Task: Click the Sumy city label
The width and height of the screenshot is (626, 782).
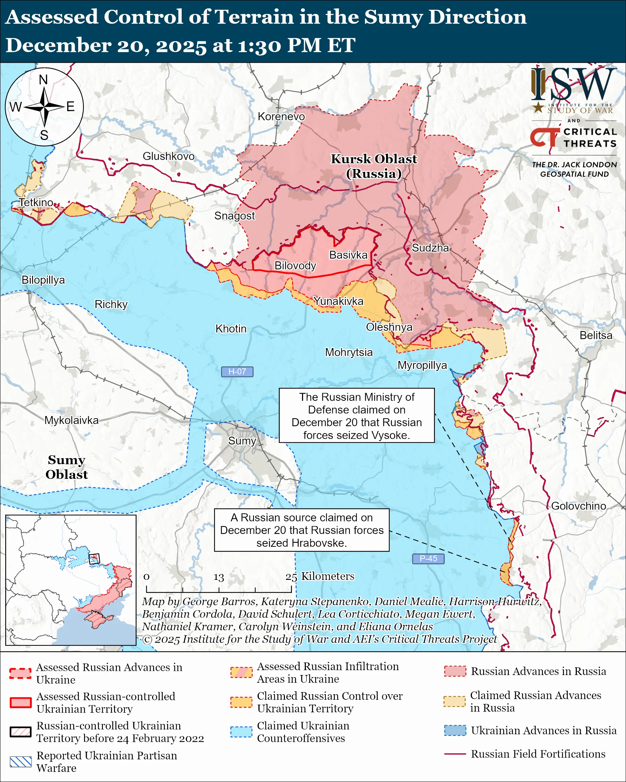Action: click(x=242, y=441)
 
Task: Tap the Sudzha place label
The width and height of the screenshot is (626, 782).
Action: click(x=430, y=248)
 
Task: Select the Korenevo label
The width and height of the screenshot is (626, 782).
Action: click(x=281, y=116)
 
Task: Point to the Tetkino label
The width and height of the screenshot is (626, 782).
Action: click(x=36, y=202)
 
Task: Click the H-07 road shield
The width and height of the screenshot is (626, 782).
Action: click(x=237, y=371)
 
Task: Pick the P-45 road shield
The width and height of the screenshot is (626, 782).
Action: click(x=428, y=559)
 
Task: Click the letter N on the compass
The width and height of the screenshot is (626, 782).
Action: click(x=44, y=79)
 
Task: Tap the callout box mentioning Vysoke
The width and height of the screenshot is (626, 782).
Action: click(x=356, y=415)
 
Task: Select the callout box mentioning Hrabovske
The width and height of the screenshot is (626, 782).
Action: click(x=302, y=530)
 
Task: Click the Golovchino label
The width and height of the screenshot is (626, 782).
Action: click(x=579, y=506)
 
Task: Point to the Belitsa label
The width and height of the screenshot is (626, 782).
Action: click(x=596, y=335)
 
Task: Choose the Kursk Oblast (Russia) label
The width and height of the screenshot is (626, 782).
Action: click(x=374, y=166)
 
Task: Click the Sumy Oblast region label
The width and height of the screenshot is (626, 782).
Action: click(x=66, y=467)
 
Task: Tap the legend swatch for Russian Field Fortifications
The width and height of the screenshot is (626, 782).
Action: click(x=455, y=754)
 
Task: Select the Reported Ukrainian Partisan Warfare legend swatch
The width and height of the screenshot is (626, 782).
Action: click(x=20, y=762)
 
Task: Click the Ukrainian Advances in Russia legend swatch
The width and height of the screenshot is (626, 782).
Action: click(x=455, y=730)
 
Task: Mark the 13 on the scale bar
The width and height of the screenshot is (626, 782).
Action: click(x=218, y=577)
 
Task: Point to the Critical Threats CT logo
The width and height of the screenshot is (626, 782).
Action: click(x=544, y=137)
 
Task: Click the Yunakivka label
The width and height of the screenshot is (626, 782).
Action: click(x=338, y=301)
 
